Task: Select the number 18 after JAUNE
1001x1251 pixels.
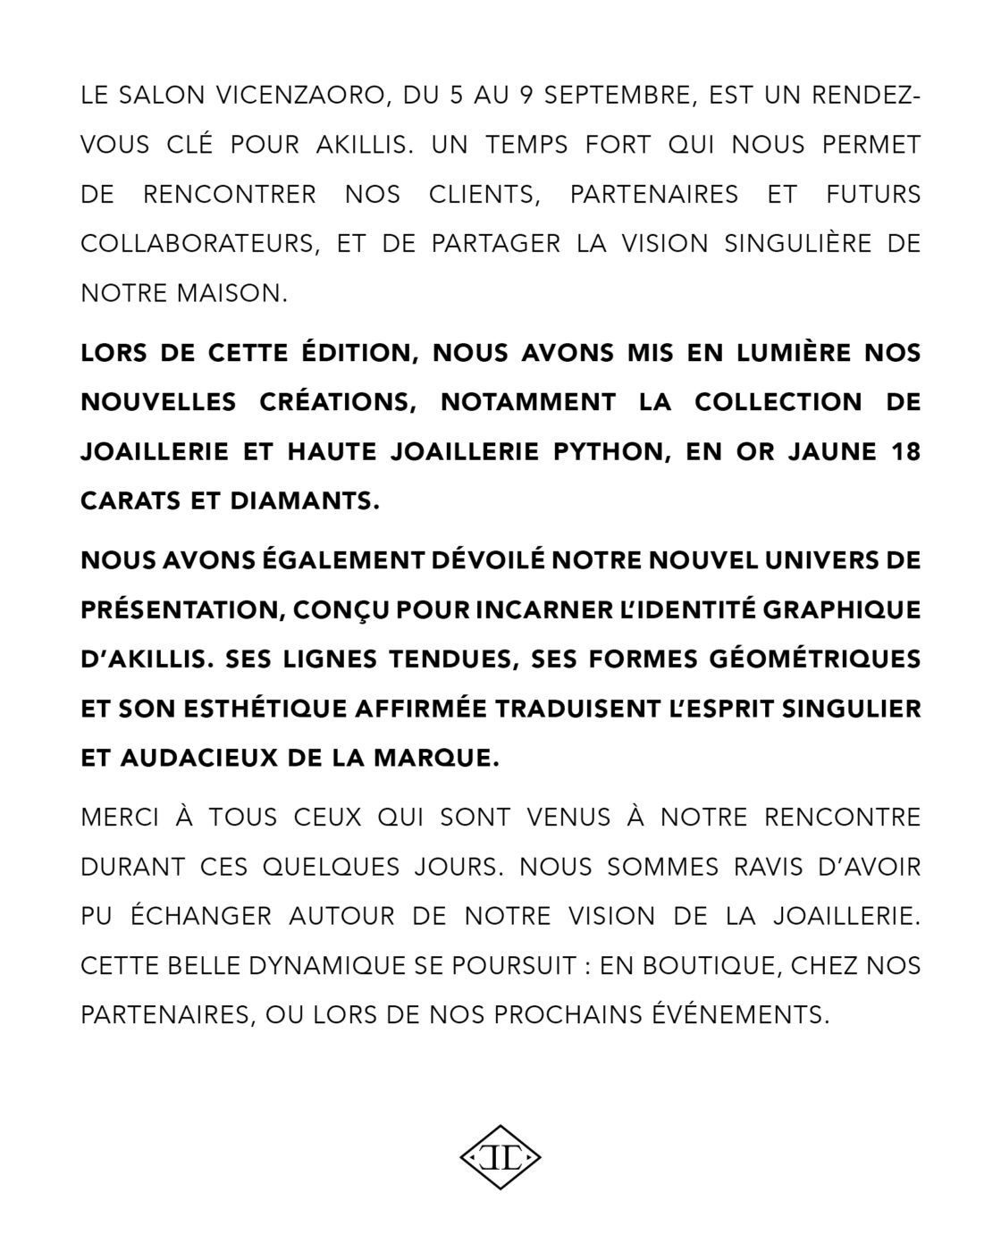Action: (x=904, y=451)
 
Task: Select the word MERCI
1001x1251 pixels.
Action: (x=123, y=817)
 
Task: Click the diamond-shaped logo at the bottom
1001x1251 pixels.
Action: (x=500, y=1157)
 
